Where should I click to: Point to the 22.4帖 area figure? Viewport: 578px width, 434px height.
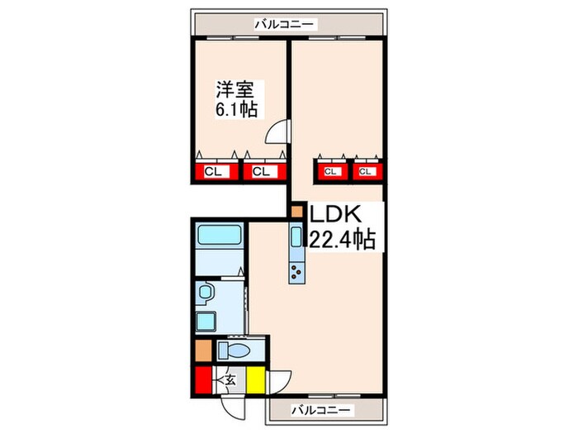[343, 240]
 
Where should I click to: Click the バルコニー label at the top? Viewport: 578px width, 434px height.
[284, 25]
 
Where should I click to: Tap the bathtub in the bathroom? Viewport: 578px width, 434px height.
[219, 235]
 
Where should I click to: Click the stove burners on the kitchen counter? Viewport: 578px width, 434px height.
[296, 272]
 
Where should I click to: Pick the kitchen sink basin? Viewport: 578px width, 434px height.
[296, 238]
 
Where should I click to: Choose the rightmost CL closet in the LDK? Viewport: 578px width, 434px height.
[367, 172]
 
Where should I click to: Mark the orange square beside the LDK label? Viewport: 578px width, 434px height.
[297, 212]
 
